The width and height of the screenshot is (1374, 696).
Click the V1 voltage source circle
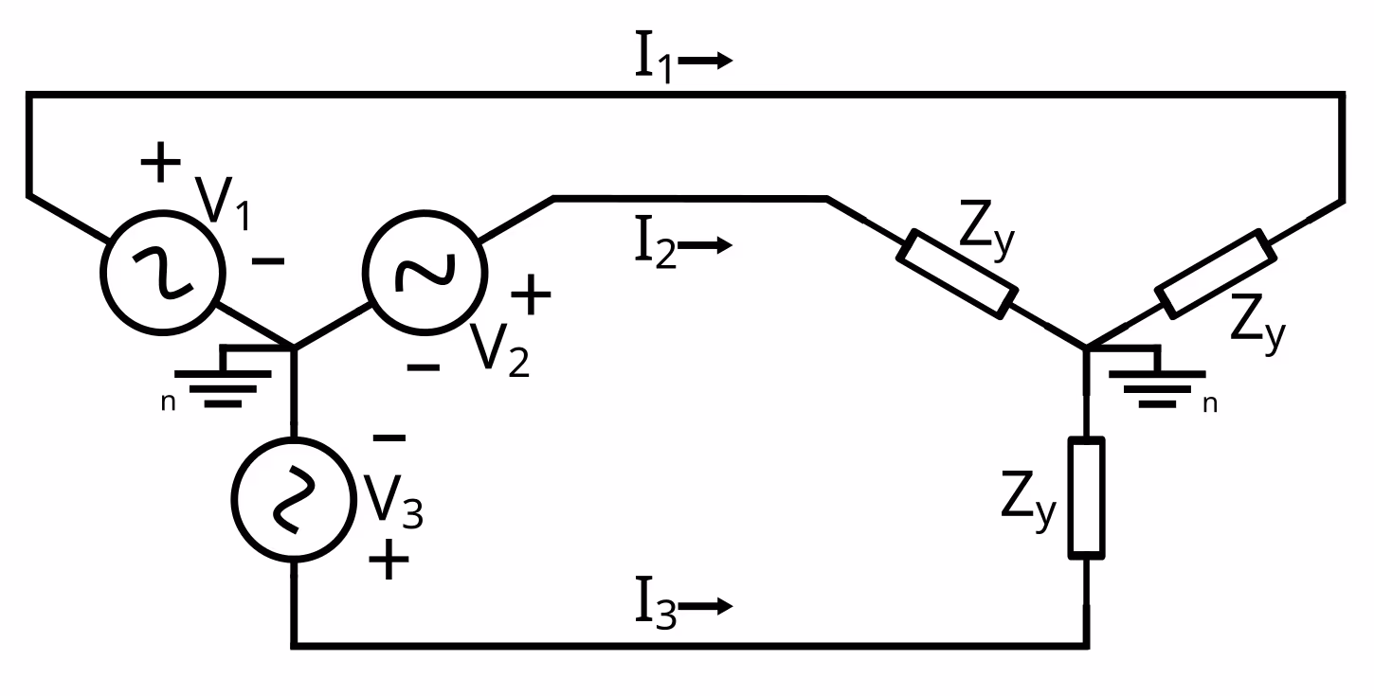tap(163, 273)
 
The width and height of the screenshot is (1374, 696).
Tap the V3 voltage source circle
tap(293, 502)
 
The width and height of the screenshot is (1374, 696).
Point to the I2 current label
tap(655, 245)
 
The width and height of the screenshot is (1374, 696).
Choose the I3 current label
tap(655, 606)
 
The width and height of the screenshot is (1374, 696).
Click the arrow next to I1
tap(707, 61)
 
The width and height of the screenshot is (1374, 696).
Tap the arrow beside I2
tap(707, 245)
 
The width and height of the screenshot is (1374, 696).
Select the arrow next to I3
tap(707, 606)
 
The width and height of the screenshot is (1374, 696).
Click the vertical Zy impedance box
tap(1086, 496)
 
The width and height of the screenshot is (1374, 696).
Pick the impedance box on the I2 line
tap(957, 274)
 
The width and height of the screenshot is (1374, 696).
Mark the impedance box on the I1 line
tap(1214, 273)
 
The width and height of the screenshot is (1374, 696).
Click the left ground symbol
tap(224, 379)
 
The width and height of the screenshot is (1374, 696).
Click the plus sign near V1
tap(161, 163)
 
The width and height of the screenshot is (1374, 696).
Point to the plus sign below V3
tap(389, 561)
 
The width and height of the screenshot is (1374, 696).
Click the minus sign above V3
tap(389, 437)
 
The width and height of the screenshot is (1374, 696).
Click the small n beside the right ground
tap(1209, 404)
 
